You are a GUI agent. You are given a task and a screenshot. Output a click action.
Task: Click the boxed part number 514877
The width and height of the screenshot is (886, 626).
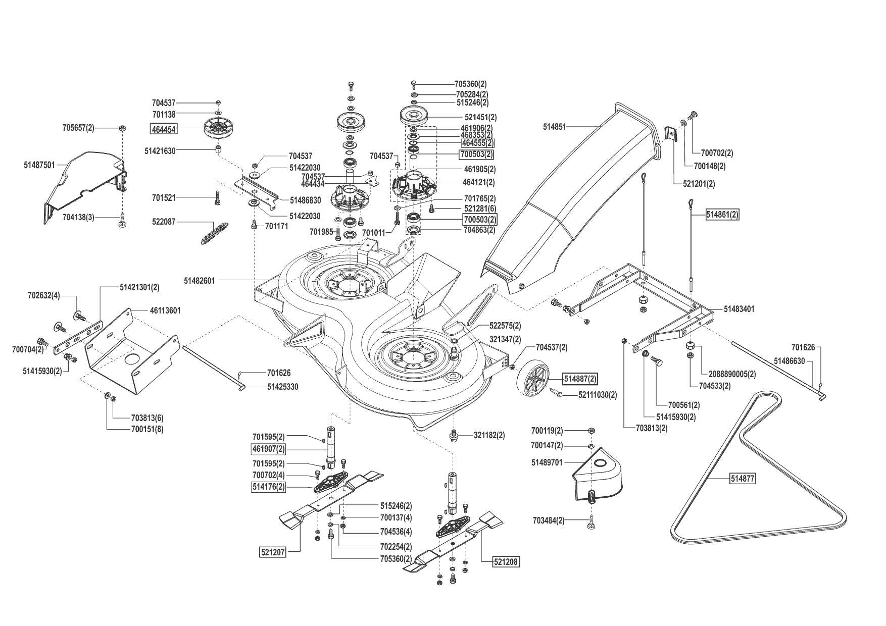pos(743,479)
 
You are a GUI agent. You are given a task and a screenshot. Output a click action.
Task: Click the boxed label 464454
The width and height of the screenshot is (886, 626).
pos(163,129)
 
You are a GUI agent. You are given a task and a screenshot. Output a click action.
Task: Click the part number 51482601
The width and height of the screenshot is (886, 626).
pos(200,280)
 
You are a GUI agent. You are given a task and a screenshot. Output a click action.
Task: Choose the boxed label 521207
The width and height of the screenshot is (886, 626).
pos(273,552)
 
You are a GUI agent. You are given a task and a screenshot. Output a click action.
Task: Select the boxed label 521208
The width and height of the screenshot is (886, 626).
pos(506,561)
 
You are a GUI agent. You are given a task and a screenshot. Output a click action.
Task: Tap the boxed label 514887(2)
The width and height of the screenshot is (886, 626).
pos(579,378)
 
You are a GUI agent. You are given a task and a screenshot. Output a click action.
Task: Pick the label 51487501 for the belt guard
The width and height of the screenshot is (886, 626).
pos(39,165)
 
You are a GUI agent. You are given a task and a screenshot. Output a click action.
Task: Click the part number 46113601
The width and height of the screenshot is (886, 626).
pos(165,310)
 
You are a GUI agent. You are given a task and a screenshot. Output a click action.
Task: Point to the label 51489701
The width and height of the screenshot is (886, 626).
pos(547,462)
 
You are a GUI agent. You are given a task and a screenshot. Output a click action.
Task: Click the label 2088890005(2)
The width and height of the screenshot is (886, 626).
pos(732,374)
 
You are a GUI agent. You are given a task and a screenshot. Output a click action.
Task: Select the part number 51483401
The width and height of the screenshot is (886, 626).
pos(739,308)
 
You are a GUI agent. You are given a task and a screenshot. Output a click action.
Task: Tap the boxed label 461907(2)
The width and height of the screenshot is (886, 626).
pos(269,449)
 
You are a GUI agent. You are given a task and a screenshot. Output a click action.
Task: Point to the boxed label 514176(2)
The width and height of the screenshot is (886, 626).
pos(269,487)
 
